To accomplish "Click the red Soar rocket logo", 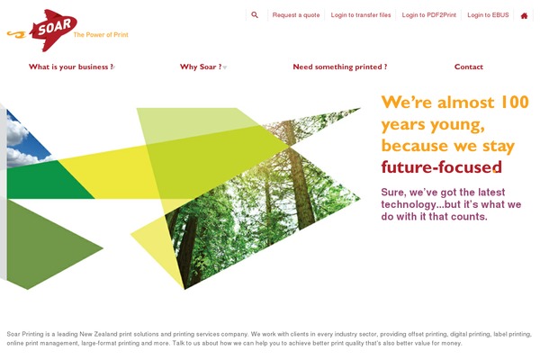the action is click(53, 30).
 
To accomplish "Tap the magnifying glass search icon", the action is click(255, 14).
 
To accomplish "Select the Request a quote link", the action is click(296, 15).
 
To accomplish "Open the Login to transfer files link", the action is click(361, 15).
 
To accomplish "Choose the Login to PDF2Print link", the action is click(428, 15).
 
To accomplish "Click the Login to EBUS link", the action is click(488, 15).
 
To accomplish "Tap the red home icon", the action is click(524, 16).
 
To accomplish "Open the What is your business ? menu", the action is click(71, 67).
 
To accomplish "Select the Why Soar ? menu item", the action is click(201, 67).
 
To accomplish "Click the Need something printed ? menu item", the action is click(340, 67).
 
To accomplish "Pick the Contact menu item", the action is click(468, 67).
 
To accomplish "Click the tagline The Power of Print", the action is click(101, 35).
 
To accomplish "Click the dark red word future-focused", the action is click(441, 167).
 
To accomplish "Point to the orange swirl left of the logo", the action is click(16, 34).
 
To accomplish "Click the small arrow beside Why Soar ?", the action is click(224, 67).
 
